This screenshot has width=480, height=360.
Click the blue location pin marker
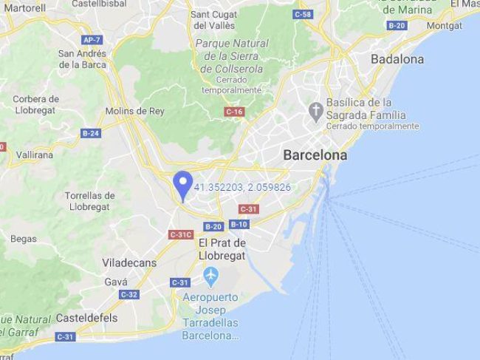pyautogui.click(x=182, y=183)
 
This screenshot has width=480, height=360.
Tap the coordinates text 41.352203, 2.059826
pyautogui.click(x=242, y=187)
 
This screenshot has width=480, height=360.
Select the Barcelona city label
pyautogui.click(x=315, y=156)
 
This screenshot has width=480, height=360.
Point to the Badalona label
pyautogui.click(x=397, y=58)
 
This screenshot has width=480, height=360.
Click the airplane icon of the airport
pyautogui.click(x=211, y=278)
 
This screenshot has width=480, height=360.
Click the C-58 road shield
pyautogui.click(x=302, y=15)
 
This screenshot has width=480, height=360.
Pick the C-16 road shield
pyautogui.click(x=234, y=111)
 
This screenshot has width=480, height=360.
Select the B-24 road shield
pyautogui.click(x=91, y=133)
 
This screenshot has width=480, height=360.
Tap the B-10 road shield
pyautogui.click(x=239, y=224)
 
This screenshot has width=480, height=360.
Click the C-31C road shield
pyautogui.click(x=181, y=234)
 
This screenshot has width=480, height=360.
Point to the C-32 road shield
pyautogui.click(x=128, y=294)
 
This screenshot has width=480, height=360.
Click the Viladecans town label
pyautogui.click(x=125, y=262)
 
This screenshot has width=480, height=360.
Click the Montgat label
pyautogui.click(x=445, y=25)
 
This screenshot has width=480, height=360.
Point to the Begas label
pyautogui.click(x=24, y=239)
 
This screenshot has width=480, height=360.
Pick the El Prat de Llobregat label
pyautogui.click(x=222, y=248)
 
